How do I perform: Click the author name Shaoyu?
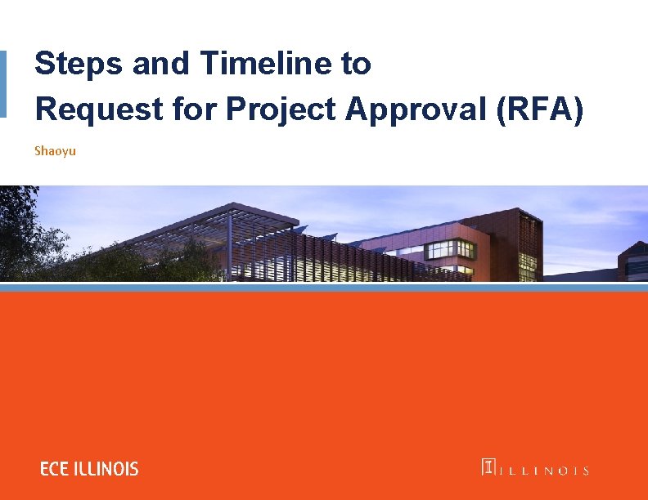[55, 151]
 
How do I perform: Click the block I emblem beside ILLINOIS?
[488, 467]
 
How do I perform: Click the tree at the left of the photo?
[20, 233]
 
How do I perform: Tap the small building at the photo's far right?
[634, 260]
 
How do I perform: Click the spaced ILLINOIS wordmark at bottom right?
[543, 470]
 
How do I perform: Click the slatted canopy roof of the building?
[245, 217]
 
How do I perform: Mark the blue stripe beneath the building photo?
[324, 288]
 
